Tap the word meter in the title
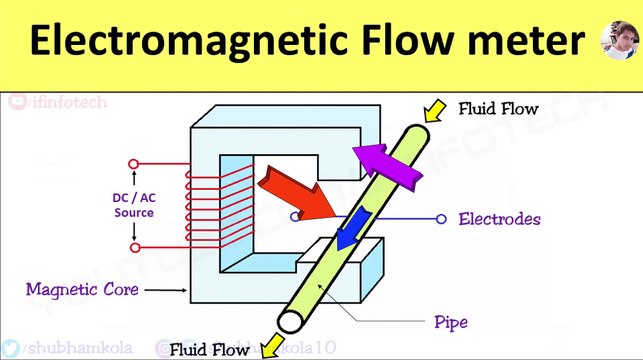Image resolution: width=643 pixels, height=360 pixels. tap(527, 42)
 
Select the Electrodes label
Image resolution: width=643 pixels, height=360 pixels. tap(500, 218)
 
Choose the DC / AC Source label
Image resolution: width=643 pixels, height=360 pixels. tap(133, 205)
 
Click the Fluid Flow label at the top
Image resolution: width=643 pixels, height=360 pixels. tap(498, 107)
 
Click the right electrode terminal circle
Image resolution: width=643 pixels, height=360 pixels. tap(441, 218)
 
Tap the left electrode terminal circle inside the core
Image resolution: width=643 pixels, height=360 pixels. tap(294, 215)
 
